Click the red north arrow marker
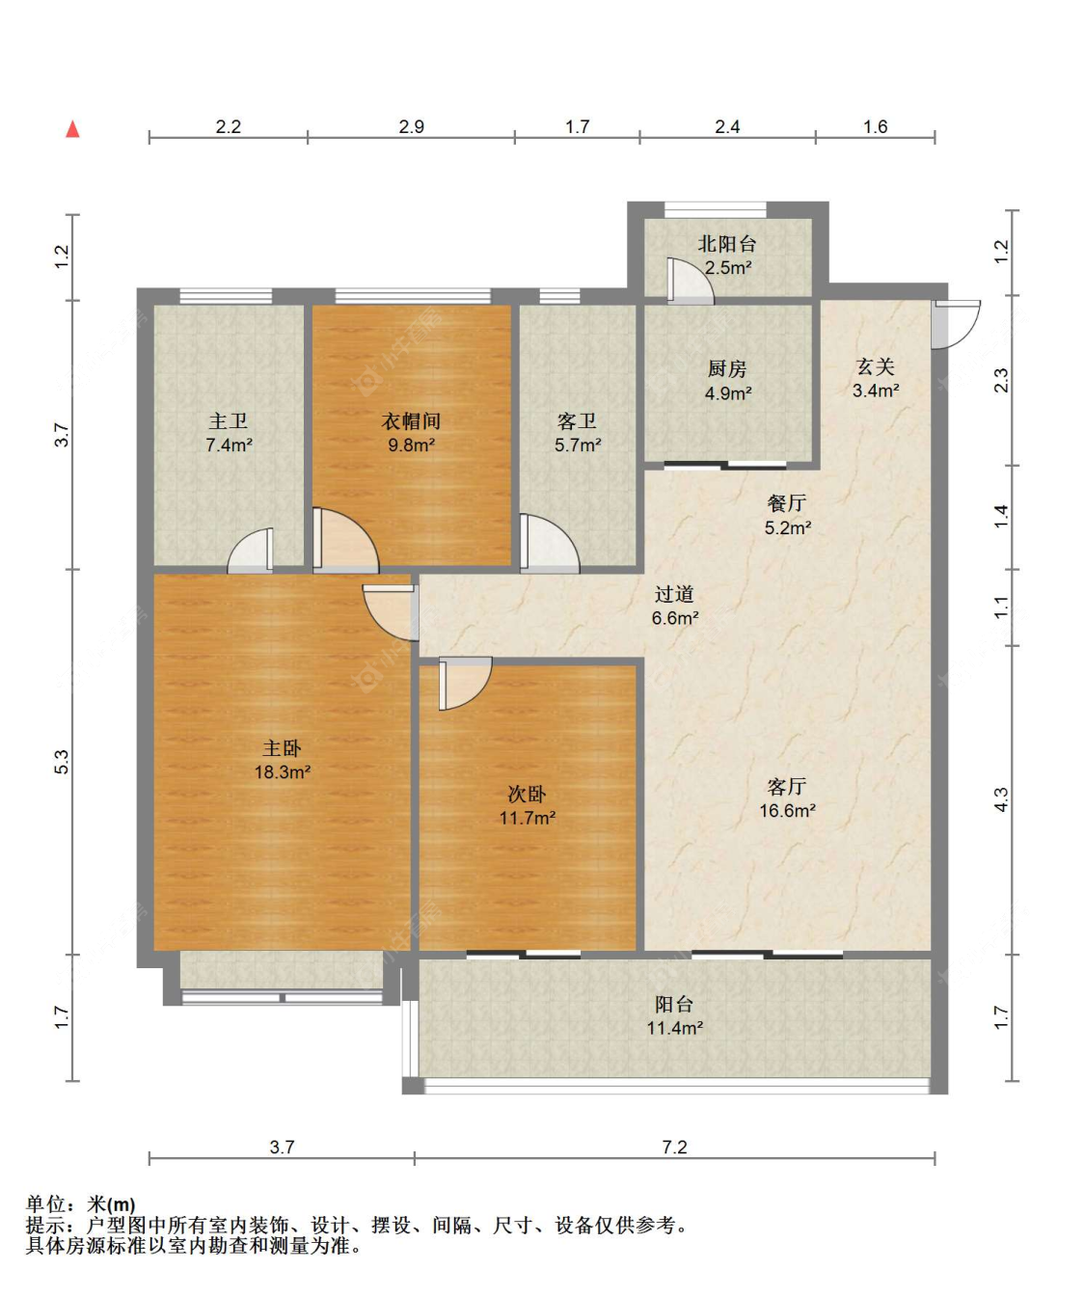72,129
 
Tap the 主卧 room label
282,748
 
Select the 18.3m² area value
282,772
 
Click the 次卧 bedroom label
527,795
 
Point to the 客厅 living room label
787,787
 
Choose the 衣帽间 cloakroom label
411,421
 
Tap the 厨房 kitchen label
727,369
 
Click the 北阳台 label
727,244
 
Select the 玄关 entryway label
876,366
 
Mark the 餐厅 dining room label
787,503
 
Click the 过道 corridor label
674,594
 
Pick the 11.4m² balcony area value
674,1029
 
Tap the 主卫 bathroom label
229,421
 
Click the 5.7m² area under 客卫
578,445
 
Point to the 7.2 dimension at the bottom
674,1147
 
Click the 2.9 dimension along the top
411,126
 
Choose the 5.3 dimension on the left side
62,762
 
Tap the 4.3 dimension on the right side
1001,799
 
